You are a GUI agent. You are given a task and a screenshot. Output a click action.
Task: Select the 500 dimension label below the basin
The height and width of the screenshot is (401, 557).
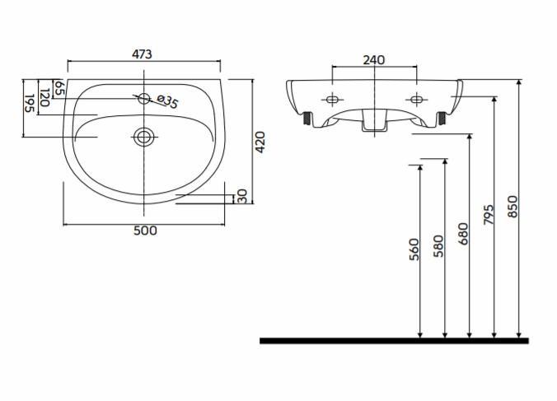click(144, 231)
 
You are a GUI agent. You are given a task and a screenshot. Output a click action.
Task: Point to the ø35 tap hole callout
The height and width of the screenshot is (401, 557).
click(167, 101)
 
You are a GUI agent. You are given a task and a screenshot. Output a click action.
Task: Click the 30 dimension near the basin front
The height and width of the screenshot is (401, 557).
click(241, 196)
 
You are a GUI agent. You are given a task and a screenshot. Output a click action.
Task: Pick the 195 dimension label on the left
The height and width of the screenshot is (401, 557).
click(29, 103)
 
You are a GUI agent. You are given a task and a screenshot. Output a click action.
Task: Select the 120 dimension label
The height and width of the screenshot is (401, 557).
click(44, 96)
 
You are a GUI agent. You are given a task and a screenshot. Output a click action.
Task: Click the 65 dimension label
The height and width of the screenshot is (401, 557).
click(59, 87)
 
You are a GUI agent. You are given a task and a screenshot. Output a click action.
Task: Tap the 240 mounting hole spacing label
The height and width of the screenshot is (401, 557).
click(374, 59)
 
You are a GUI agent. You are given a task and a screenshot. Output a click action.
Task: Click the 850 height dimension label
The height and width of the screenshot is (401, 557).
click(513, 206)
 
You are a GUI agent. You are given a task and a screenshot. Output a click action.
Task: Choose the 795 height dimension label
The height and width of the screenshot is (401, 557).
click(488, 216)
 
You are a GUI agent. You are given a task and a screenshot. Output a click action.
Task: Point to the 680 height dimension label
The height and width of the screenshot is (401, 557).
click(462, 234)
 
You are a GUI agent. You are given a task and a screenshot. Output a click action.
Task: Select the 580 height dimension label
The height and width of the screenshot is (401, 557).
click(438, 247)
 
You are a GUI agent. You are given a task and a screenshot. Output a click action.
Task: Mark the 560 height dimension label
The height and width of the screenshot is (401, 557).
click(414, 249)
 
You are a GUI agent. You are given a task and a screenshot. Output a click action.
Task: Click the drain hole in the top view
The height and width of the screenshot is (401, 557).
click(144, 136)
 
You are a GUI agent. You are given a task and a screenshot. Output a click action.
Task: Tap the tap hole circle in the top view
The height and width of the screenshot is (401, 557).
click(144, 99)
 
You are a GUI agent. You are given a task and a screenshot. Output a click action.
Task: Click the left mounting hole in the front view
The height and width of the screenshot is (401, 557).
click(332, 100)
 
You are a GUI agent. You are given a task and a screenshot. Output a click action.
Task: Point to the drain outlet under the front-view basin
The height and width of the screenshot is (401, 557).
click(374, 123)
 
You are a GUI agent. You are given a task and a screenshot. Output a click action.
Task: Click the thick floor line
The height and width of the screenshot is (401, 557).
click(394, 340)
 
